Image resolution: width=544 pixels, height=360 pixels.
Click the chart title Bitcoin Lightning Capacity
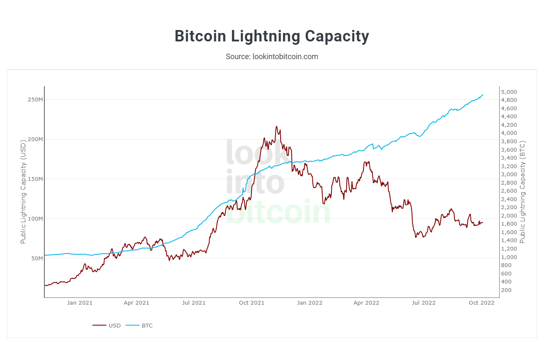272,36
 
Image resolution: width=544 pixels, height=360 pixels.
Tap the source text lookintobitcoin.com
272,57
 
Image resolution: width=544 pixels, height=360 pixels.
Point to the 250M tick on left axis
35,100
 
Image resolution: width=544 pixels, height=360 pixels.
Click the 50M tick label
37,258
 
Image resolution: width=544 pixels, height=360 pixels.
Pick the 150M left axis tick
35,179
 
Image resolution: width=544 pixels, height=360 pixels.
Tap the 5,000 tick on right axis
508,92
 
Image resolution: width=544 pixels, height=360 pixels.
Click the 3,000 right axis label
508,175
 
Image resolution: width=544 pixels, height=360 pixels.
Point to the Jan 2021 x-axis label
79,303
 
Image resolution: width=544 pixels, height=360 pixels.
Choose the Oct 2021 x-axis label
251,303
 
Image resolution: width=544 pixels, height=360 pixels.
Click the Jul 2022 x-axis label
424,303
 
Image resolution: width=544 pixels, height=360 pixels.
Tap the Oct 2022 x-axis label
481,303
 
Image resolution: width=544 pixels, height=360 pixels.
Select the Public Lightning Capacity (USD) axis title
24,193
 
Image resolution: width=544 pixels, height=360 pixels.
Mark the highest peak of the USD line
276,126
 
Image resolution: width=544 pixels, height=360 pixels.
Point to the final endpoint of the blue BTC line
483,95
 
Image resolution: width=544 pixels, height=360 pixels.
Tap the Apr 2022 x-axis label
366,303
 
